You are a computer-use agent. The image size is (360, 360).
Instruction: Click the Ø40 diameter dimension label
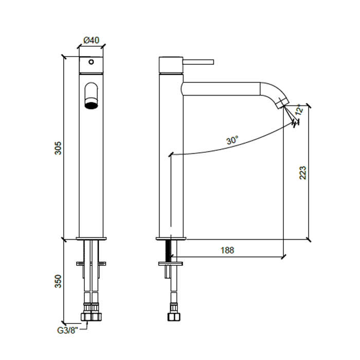click(91, 40)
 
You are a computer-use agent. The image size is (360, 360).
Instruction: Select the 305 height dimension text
click(58, 148)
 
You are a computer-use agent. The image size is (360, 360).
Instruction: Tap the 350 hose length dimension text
click(58, 281)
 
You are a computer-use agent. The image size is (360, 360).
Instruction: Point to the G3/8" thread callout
click(67, 331)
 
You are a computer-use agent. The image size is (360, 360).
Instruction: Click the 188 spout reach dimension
click(227, 250)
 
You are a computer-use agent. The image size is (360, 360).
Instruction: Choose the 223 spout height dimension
click(302, 173)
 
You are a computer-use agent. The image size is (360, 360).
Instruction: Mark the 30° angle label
click(232, 140)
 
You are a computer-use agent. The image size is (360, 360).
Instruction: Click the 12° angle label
click(299, 109)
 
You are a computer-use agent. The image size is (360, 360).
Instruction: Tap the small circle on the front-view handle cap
click(91, 62)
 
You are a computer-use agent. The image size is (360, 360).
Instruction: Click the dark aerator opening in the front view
click(92, 105)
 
